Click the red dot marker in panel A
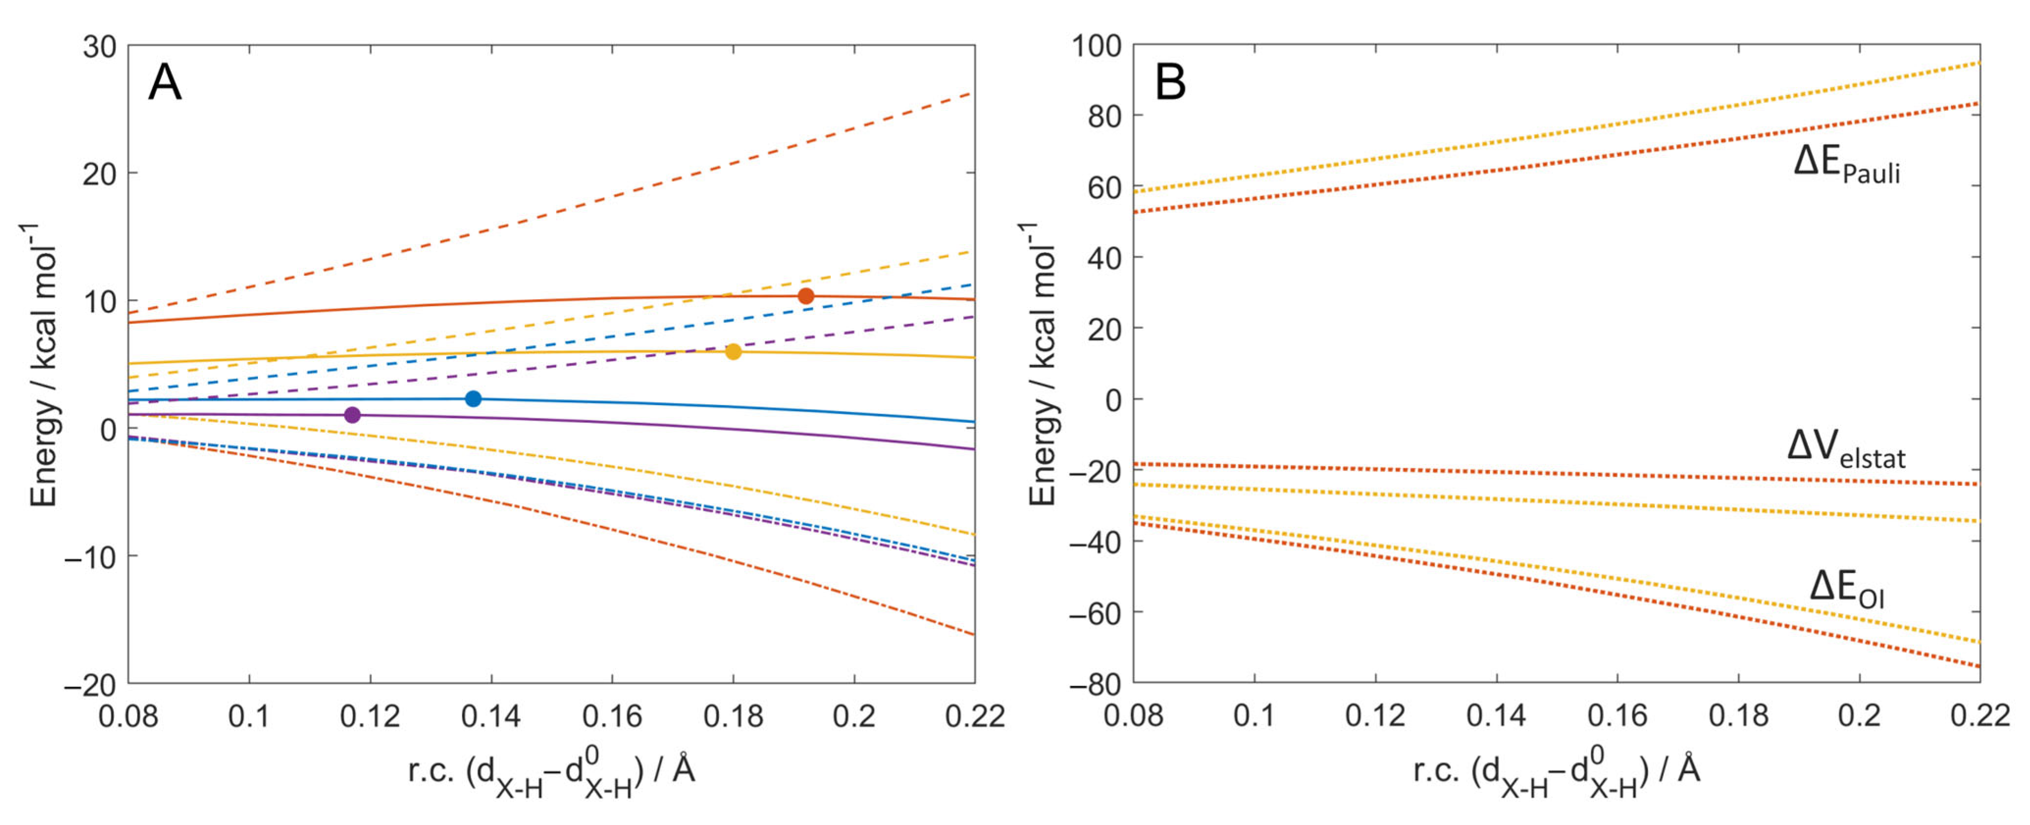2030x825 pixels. (805, 296)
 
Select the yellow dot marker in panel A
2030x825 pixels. (733, 351)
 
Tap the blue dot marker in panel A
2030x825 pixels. (473, 399)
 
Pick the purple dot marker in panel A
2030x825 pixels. (352, 414)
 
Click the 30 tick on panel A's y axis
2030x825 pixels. (99, 47)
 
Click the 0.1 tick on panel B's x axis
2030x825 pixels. (1254, 716)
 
